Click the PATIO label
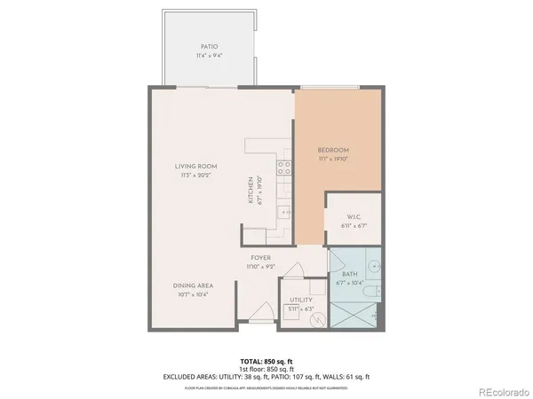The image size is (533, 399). pos(208,46)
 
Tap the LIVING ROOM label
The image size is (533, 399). pos(195,166)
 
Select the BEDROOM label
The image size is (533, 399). pos(334,150)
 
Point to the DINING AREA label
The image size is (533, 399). pos(193,285)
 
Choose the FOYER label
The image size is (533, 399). pos(260,257)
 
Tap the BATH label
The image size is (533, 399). pos(350,274)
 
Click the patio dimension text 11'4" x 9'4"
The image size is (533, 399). pos(208,55)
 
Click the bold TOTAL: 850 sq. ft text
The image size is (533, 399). pos(266,361)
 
